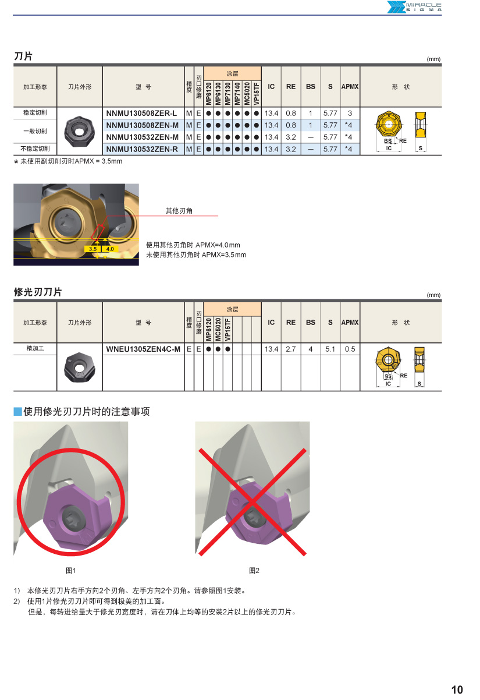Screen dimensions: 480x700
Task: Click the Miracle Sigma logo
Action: point(414,7)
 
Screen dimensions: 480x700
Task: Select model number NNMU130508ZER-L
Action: point(141,113)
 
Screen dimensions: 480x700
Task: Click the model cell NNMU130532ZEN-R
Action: point(142,149)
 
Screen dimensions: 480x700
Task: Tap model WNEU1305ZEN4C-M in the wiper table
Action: point(143,349)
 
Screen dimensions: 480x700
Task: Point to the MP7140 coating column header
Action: point(237,93)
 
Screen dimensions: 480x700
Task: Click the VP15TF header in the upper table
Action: point(257,93)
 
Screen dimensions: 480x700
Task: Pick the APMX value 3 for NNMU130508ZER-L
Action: point(350,113)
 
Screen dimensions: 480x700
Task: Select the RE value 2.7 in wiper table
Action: point(291,349)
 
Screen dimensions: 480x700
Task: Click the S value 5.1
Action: point(330,349)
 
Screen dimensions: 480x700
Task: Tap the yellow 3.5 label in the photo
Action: point(93,249)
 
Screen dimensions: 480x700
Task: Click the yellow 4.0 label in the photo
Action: point(110,249)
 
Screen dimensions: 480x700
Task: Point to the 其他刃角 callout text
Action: point(179,211)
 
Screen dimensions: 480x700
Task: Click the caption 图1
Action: point(71,570)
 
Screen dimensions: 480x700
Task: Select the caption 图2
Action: point(254,570)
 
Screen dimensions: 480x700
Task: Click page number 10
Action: point(457,690)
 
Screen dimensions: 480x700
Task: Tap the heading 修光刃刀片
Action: point(38,292)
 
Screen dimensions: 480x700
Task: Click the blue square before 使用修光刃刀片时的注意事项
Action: point(17,412)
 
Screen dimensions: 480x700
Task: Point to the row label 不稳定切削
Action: point(35,149)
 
